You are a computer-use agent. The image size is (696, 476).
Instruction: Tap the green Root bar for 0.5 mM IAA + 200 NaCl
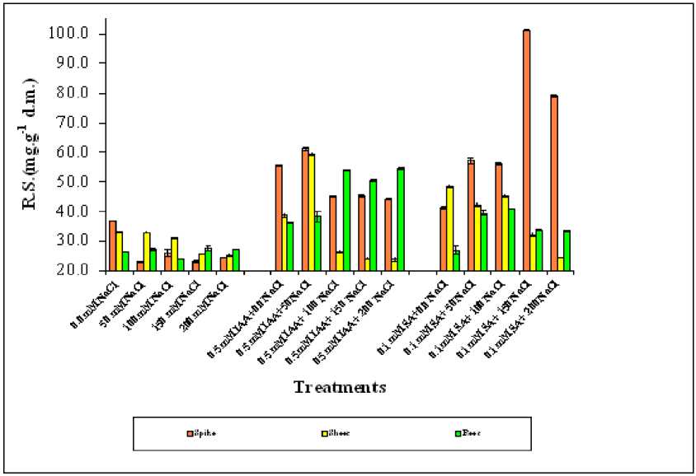pos(401,219)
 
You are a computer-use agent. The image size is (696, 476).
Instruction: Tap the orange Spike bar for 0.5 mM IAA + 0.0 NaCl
pos(279,217)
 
